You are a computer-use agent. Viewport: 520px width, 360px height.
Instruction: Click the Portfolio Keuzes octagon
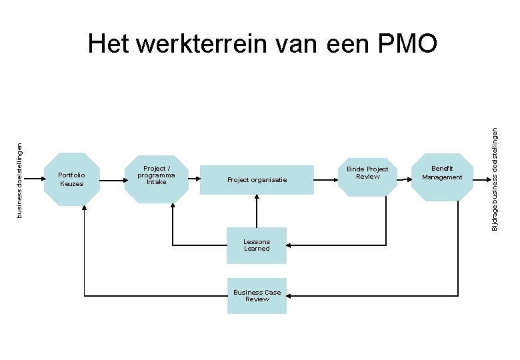pos(71,179)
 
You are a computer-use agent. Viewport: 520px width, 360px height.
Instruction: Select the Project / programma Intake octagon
pos(156,176)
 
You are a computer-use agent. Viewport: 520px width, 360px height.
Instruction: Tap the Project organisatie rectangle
pos(257,179)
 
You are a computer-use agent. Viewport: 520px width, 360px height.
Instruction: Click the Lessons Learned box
pos(257,245)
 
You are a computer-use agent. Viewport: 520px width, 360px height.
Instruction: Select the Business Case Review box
pos(257,296)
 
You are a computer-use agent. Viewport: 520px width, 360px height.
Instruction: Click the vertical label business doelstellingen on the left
pos(19,172)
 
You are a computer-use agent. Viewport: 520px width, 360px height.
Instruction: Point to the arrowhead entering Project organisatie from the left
pos(197,179)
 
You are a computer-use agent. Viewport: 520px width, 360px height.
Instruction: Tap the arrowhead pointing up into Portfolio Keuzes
pos(85,209)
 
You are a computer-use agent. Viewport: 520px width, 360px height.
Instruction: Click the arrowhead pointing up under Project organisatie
pos(257,198)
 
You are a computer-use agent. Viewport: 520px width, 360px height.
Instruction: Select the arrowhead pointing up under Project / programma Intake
pos(173,208)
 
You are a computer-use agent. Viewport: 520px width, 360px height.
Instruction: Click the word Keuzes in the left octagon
pos(71,184)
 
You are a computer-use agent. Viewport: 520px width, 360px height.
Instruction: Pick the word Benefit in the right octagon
pos(442,169)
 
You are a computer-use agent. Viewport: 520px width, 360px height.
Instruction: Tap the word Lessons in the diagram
pos(257,241)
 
